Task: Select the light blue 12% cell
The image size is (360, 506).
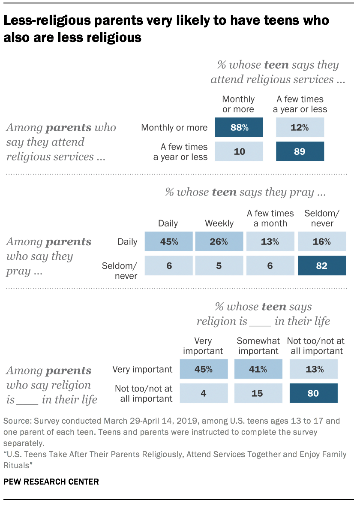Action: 300,127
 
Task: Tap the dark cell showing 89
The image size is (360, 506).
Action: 300,152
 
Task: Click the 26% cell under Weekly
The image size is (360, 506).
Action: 219,241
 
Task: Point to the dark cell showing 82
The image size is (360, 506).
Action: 322,266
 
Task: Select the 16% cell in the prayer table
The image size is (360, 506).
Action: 322,241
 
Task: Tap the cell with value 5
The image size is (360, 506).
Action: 219,266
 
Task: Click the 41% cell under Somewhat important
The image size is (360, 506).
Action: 258,369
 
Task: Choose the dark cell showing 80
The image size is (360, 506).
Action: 313,393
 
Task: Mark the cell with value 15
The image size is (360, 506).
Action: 258,393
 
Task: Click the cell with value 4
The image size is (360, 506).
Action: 204,393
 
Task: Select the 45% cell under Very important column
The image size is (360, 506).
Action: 204,369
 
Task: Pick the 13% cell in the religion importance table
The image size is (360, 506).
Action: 313,369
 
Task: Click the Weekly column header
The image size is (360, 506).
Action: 219,223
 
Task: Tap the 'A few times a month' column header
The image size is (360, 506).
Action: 270,218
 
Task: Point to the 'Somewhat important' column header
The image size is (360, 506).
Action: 258,346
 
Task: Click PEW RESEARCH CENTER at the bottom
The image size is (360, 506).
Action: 51,482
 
